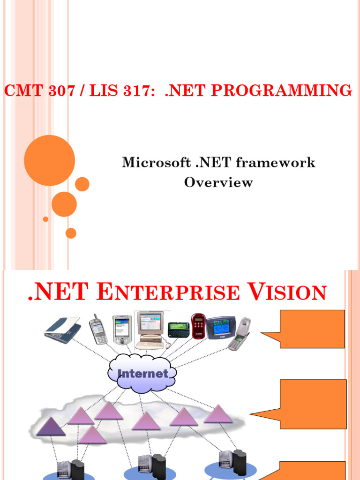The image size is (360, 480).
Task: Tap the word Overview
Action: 218,182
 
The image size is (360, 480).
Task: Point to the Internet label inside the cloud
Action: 142,374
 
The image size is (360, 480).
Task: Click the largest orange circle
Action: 49,160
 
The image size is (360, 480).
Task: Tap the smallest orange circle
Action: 45,219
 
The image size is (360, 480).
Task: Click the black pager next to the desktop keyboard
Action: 178,329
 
